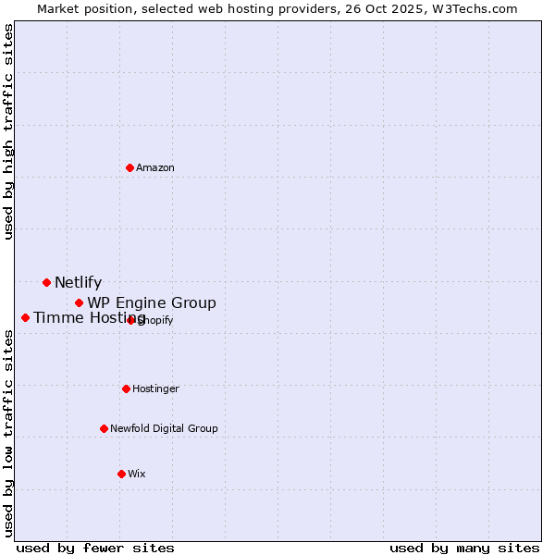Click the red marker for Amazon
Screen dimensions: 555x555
coord(130,167)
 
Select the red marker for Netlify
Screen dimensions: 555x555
coord(46,282)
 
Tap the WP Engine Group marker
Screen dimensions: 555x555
coord(80,302)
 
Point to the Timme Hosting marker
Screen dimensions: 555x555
coord(25,317)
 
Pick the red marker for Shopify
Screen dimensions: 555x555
coord(130,320)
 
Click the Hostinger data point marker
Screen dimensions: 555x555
coord(126,388)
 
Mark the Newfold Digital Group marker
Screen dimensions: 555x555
coord(104,428)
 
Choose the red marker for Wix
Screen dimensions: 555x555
coord(121,474)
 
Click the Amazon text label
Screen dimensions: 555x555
coord(155,167)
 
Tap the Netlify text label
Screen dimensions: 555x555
coord(78,283)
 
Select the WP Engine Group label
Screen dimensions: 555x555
coord(152,303)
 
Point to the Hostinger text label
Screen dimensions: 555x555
coord(155,388)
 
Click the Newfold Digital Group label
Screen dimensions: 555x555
coord(164,428)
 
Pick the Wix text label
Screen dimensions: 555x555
coord(137,474)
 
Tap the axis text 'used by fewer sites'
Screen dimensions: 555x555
coord(95,548)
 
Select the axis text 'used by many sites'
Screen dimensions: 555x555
coord(464,548)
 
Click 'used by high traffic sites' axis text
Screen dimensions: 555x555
coord(9,131)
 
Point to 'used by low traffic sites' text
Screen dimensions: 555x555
coord(9,434)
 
